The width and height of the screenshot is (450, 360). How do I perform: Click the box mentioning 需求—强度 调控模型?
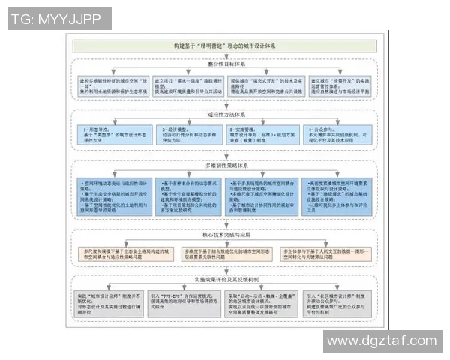click(x=190, y=87)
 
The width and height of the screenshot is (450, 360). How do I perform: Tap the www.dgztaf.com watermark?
click(x=382, y=341)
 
